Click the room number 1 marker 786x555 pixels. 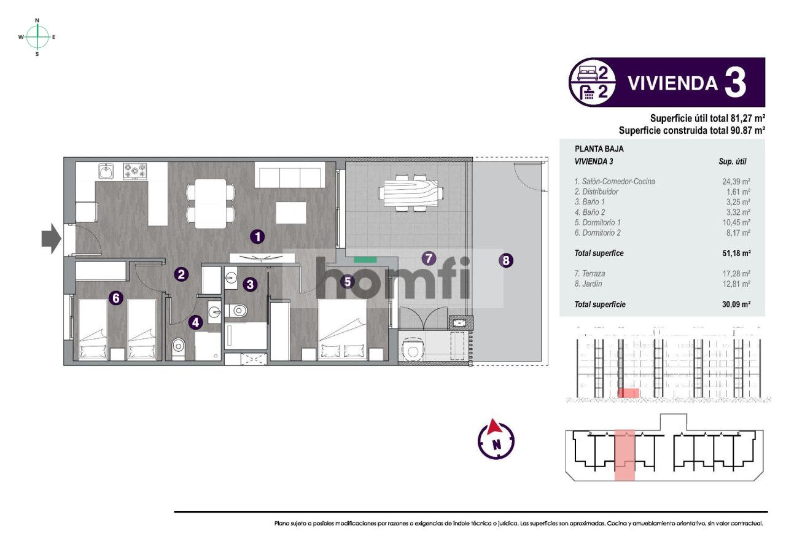click(x=258, y=236)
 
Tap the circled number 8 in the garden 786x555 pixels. click(x=505, y=260)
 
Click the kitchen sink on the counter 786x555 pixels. click(x=107, y=170)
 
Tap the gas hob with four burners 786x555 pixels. click(x=135, y=171)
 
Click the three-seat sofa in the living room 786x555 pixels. click(x=289, y=177)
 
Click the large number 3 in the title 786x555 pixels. click(x=736, y=83)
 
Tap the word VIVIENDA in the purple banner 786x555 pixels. click(x=672, y=83)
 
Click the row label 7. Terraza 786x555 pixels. click(x=589, y=274)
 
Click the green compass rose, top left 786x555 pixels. click(x=37, y=37)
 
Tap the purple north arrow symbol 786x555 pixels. click(x=496, y=440)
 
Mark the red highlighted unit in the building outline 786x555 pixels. click(x=625, y=455)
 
